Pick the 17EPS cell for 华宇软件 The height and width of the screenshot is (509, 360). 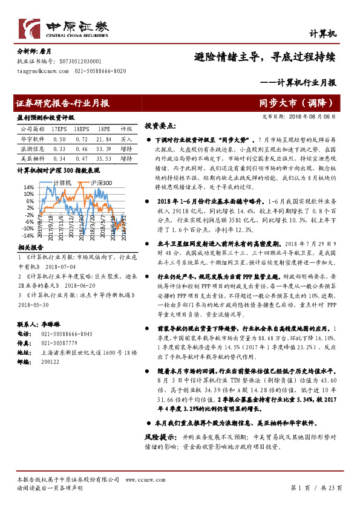pos(59,138)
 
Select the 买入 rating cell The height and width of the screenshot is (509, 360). pos(126,138)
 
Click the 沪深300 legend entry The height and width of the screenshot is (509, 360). pos(101,182)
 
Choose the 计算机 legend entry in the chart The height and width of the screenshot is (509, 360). pos(62,182)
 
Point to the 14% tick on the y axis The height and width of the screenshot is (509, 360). pos(29,188)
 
